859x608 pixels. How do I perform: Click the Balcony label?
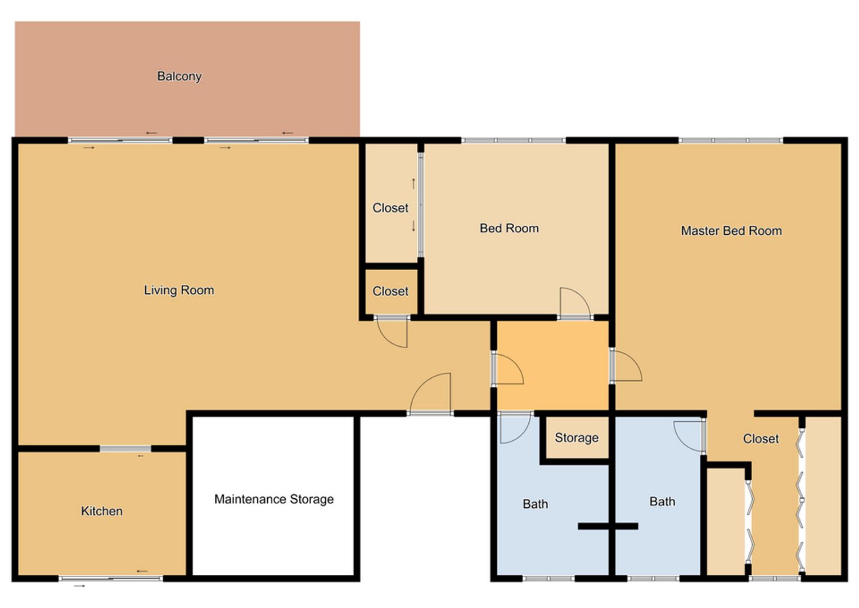pyautogui.click(x=179, y=77)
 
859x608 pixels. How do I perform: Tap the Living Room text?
pyautogui.click(x=179, y=290)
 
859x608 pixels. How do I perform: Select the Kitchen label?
pyautogui.click(x=102, y=511)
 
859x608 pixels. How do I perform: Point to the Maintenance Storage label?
pyautogui.click(x=274, y=499)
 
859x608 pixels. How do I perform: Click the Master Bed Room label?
pyautogui.click(x=731, y=231)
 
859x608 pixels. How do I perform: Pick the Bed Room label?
pyautogui.click(x=509, y=229)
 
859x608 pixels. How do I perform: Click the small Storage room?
pyautogui.click(x=577, y=437)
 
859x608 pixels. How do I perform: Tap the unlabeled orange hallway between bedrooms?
pyautogui.click(x=552, y=365)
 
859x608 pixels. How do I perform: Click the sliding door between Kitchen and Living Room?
pyautogui.click(x=125, y=449)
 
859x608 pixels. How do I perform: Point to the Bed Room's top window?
pyautogui.click(x=514, y=141)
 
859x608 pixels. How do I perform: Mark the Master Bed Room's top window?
pyautogui.click(x=731, y=141)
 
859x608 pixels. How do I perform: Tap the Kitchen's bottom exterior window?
pyautogui.click(x=111, y=579)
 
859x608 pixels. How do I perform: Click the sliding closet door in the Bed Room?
pyautogui.click(x=421, y=205)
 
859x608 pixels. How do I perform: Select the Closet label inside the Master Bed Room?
pyautogui.click(x=761, y=439)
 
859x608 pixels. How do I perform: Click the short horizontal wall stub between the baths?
pyautogui.click(x=608, y=526)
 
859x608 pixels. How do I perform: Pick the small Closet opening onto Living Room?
pyautogui.click(x=391, y=292)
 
